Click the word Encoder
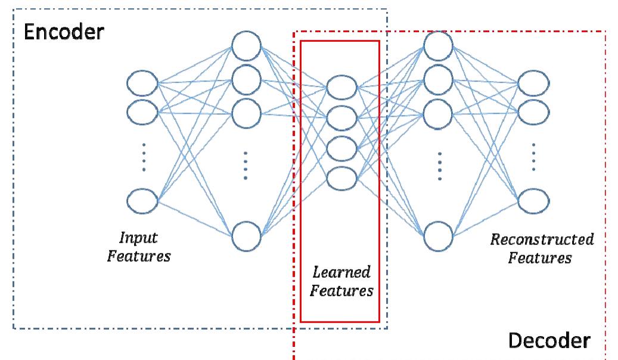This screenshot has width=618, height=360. click(63, 31)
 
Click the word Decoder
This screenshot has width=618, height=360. click(549, 341)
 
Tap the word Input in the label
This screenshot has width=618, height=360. click(138, 238)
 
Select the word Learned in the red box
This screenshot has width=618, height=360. click(341, 272)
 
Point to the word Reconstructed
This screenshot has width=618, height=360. click(542, 240)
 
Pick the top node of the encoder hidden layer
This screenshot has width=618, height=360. click(247, 45)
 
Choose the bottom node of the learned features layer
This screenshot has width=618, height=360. click(341, 177)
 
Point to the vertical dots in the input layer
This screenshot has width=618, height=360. click(143, 157)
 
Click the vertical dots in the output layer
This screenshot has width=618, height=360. click(533, 156)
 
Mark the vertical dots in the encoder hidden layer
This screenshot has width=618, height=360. click(246, 165)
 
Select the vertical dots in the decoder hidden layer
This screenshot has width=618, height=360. click(439, 166)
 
